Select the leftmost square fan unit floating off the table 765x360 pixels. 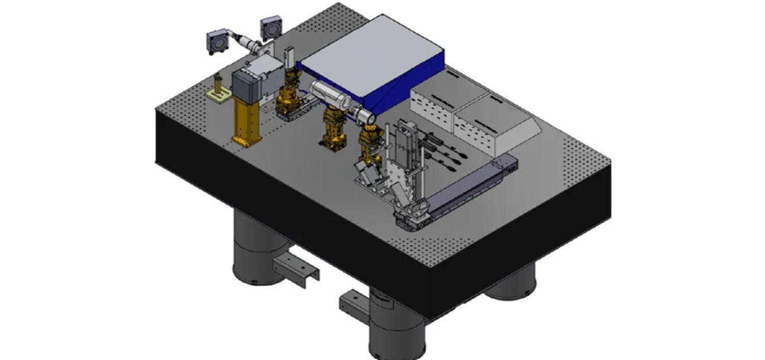pos(216,42)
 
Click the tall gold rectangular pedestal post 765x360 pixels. pos(246,123)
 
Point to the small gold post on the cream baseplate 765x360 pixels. pos(218,89)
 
